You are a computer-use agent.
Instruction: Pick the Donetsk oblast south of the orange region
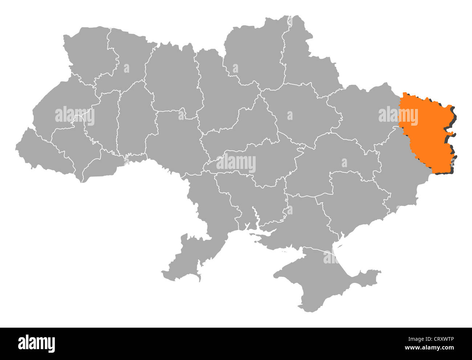396,171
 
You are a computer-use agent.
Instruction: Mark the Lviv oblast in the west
62,109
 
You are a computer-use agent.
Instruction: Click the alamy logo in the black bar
36,343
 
